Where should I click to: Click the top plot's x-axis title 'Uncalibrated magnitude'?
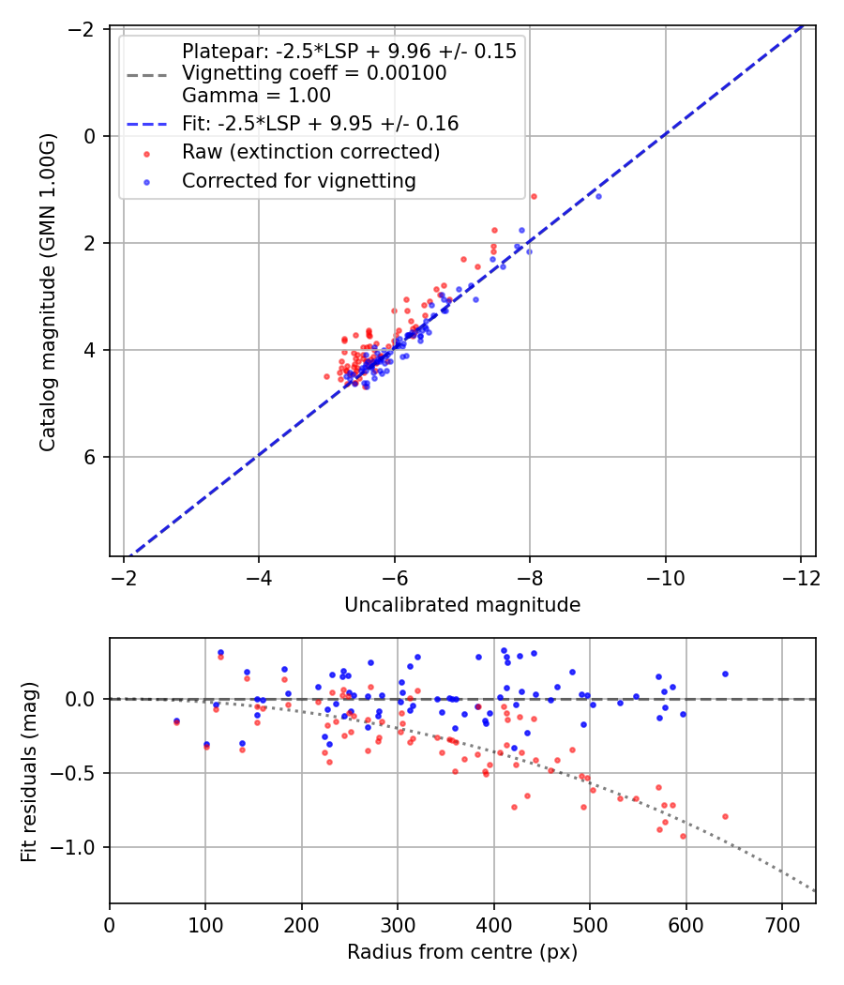pyautogui.click(x=462, y=605)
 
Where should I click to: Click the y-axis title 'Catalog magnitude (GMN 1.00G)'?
pyautogui.click(x=47, y=291)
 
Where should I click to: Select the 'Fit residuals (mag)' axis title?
pyautogui.click(x=29, y=771)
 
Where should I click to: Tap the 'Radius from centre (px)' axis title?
pyautogui.click(x=462, y=952)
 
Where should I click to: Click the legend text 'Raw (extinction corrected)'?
pyautogui.click(x=310, y=152)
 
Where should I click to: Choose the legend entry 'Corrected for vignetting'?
pyautogui.click(x=298, y=180)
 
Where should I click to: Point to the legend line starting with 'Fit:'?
pyautogui.click(x=320, y=123)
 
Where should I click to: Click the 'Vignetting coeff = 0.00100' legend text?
pyautogui.click(x=314, y=73)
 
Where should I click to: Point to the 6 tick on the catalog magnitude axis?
pyautogui.click(x=91, y=457)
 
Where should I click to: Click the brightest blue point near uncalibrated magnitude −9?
pyautogui.click(x=598, y=196)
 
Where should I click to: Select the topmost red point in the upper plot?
pyautogui.click(x=534, y=196)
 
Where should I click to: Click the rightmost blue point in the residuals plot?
pyautogui.click(x=725, y=674)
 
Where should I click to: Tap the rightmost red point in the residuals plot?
pyautogui.click(x=725, y=816)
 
